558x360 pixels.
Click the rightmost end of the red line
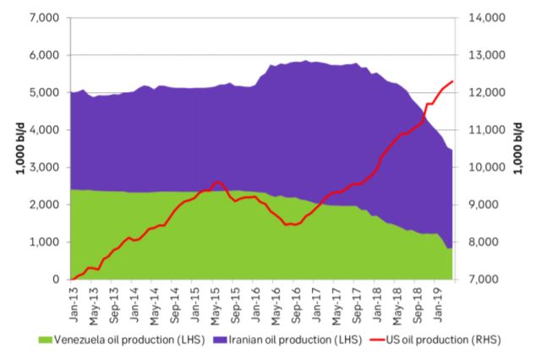click(454, 81)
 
